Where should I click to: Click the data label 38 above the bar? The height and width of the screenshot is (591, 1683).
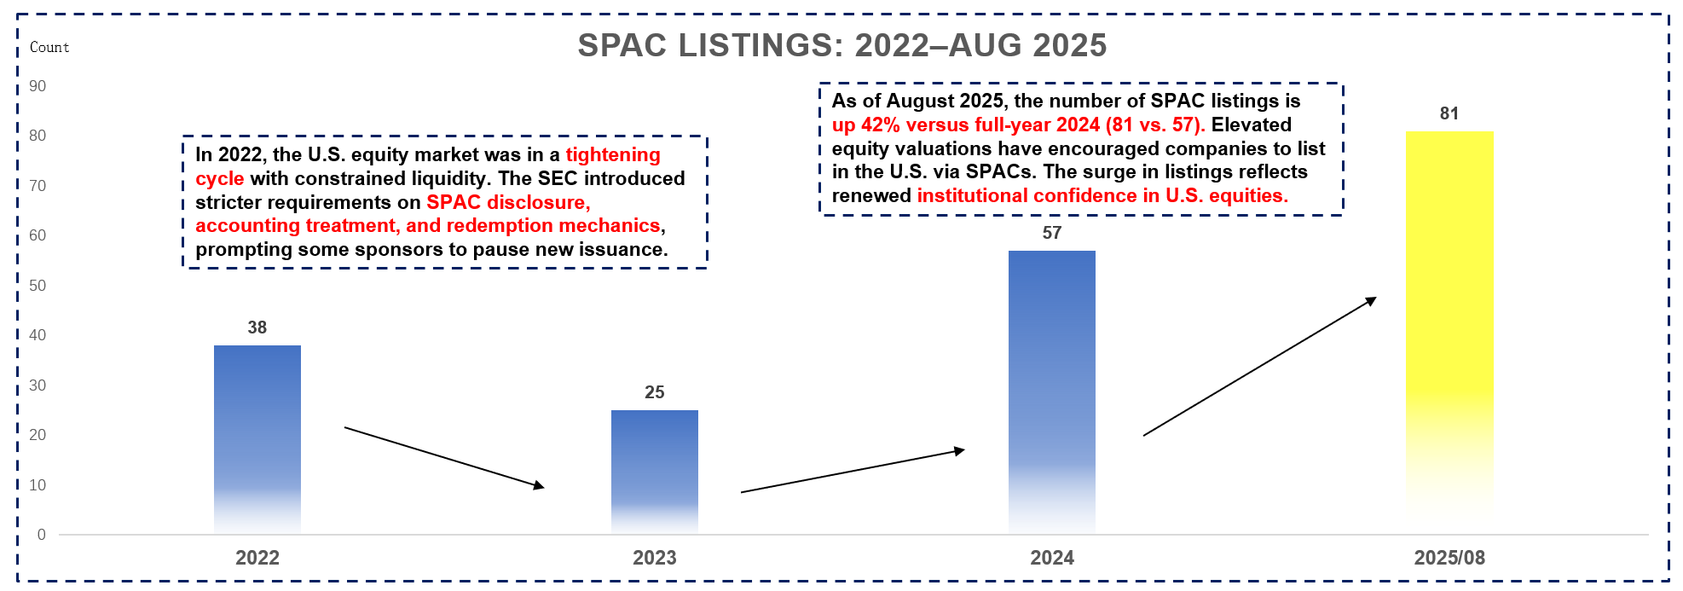(x=257, y=327)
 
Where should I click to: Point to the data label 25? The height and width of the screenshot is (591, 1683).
(x=654, y=392)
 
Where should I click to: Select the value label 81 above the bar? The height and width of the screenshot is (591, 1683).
(x=1449, y=113)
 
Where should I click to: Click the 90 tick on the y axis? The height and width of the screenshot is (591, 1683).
(x=38, y=86)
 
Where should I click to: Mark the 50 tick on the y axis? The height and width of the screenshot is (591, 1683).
(x=38, y=286)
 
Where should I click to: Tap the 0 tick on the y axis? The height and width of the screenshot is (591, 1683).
(x=41, y=535)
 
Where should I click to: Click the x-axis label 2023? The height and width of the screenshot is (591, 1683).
(x=654, y=558)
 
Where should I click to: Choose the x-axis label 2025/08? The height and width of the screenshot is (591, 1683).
(x=1449, y=558)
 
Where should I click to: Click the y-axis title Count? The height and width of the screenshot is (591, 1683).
(x=49, y=48)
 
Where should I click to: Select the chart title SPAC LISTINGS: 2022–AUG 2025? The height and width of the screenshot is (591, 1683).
(x=841, y=45)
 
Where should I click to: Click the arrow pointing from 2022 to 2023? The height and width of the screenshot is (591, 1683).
(x=443, y=457)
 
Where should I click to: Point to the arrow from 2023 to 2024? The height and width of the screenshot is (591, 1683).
(x=853, y=471)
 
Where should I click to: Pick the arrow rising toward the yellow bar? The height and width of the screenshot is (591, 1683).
(x=1259, y=367)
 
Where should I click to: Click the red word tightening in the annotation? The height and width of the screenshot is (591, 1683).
(x=612, y=155)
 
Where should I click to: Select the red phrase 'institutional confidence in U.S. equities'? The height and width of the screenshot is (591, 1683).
(x=1102, y=196)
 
